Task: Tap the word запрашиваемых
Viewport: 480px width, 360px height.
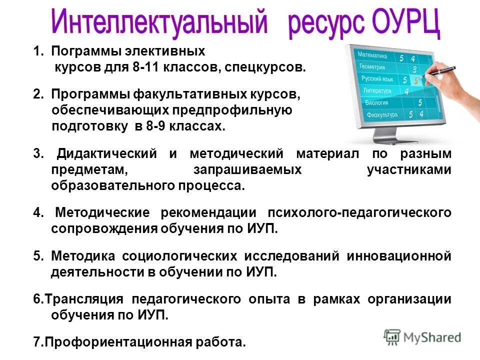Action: coord(247,169)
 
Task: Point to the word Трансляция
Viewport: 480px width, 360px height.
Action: coord(81,299)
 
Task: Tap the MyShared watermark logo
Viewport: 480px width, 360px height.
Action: coord(422,337)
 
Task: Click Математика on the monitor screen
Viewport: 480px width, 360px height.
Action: coord(372,55)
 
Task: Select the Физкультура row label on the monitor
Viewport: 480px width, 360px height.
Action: coord(382,115)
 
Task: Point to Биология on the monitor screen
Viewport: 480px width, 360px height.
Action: coord(375,102)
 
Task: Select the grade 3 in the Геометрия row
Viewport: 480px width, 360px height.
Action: coord(414,70)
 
